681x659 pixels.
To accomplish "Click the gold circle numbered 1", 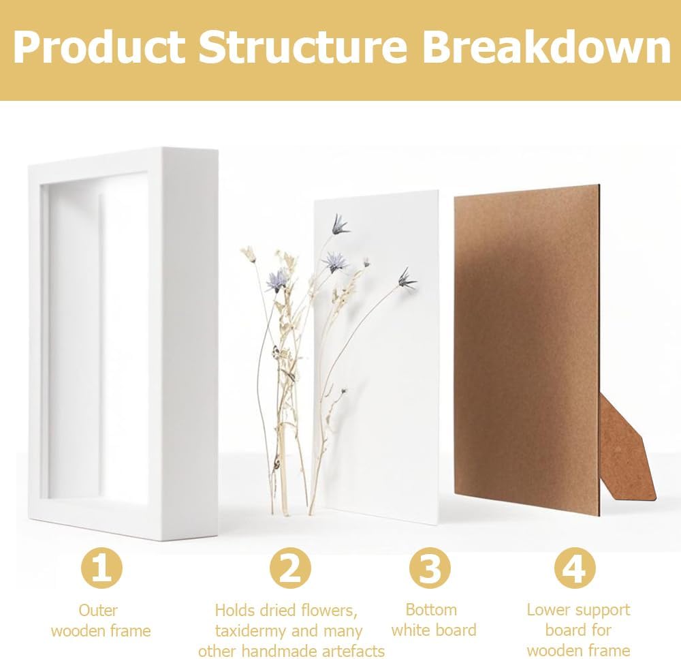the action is [x=101, y=568].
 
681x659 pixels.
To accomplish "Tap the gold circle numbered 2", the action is [x=290, y=568].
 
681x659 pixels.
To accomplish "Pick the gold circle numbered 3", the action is [x=430, y=568].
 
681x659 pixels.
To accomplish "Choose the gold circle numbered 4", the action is [x=575, y=568].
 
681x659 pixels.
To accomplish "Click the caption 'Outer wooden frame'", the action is [x=101, y=620].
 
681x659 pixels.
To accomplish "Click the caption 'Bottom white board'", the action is [x=434, y=620].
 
